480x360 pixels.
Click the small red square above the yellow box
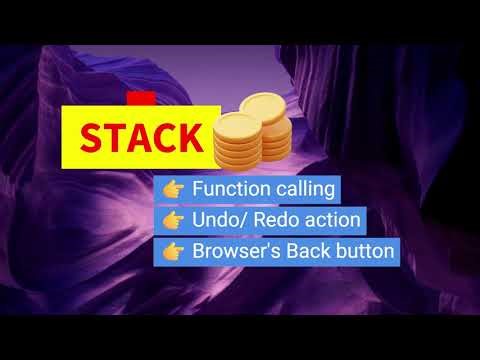coord(140,99)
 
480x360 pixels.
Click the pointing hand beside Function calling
coord(172,188)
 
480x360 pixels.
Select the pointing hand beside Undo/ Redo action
coord(172,219)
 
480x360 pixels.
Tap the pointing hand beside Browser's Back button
coord(172,250)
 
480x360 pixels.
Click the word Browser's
coord(236,250)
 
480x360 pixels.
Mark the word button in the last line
coord(364,250)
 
